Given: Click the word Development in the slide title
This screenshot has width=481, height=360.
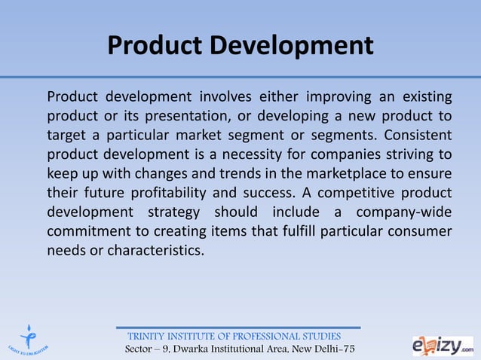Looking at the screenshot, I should [x=291, y=46].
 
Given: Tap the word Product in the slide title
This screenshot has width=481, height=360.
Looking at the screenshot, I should [x=155, y=46].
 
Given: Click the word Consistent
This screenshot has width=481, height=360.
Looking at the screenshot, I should [x=418, y=136].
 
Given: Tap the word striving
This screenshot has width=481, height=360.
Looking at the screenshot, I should [x=408, y=154].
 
